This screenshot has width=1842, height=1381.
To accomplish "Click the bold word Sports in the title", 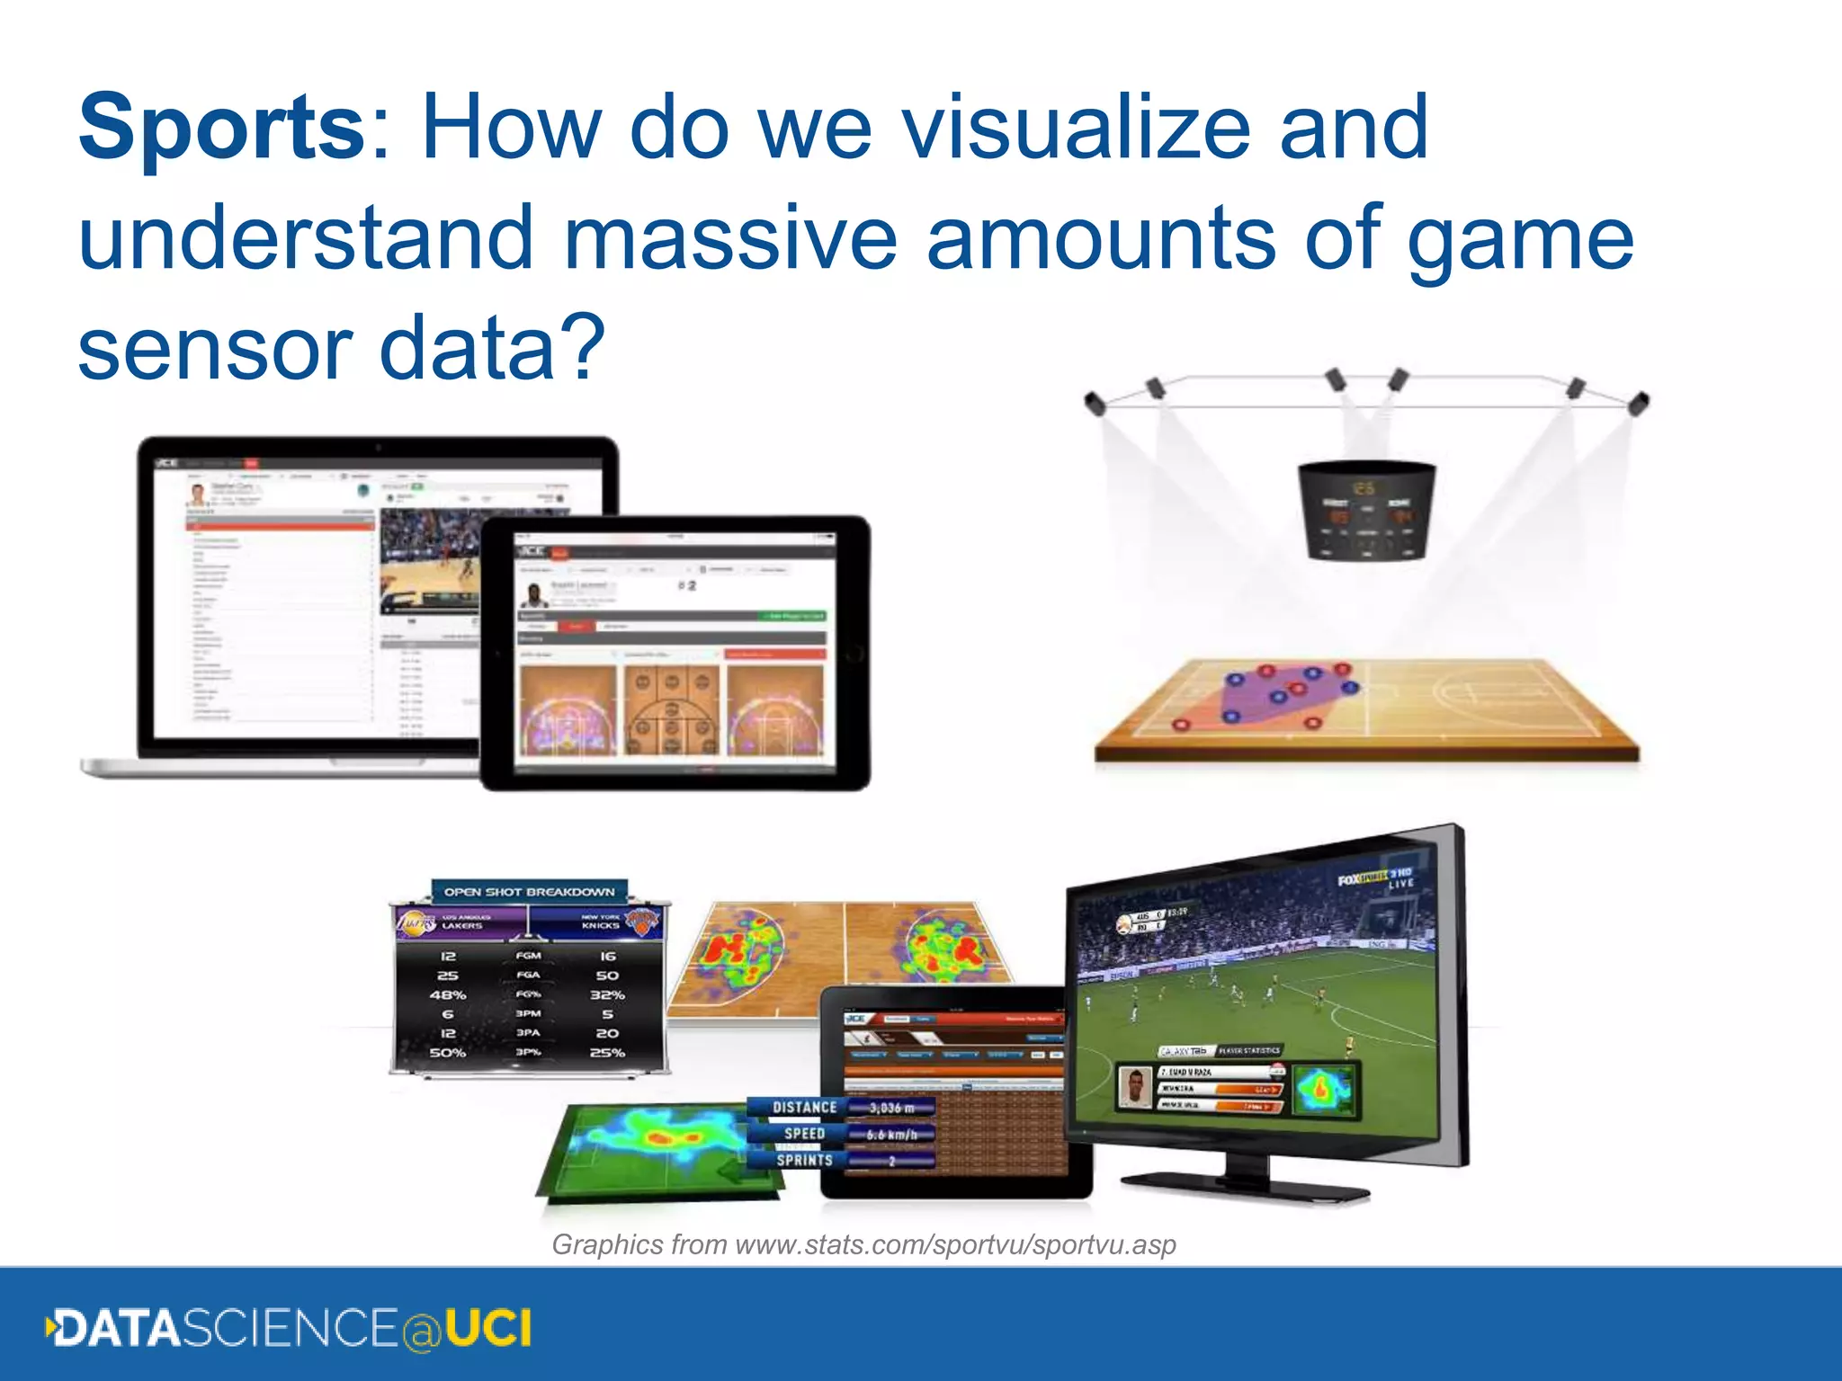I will (221, 128).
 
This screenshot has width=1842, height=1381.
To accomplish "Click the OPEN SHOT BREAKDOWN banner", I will (529, 892).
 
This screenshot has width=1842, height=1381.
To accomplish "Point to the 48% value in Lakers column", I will (447, 995).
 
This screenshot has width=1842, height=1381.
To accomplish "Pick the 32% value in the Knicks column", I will (607, 995).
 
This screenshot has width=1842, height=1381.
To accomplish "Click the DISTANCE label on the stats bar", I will (804, 1108).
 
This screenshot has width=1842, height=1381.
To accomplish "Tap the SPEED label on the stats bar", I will (804, 1134).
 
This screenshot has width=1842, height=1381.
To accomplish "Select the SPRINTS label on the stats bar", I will (804, 1160).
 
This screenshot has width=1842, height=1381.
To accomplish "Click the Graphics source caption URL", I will (863, 1244).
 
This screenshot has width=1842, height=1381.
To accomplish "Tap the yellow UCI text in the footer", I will (488, 1329).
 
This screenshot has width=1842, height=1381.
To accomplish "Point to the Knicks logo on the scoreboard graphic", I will (641, 922).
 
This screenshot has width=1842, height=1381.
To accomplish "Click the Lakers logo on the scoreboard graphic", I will (416, 922).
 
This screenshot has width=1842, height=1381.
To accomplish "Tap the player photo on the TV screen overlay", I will (1135, 1087).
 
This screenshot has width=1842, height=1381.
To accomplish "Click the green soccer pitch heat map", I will (661, 1151).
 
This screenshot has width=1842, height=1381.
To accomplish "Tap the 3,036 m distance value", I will (890, 1108).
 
